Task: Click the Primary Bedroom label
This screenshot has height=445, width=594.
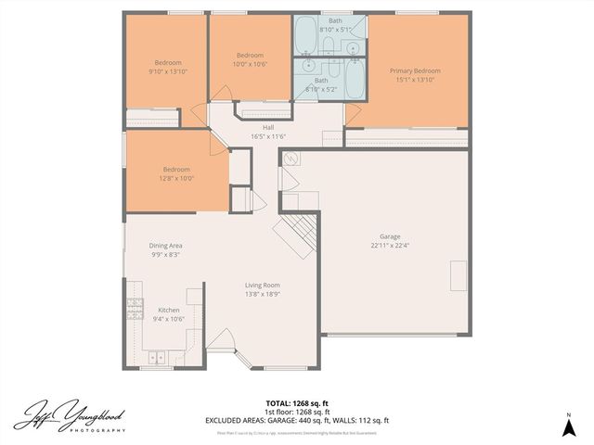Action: click(x=414, y=70)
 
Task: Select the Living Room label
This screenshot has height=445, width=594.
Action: click(x=263, y=285)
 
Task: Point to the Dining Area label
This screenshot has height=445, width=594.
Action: click(x=165, y=246)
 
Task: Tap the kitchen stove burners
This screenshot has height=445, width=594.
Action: click(x=136, y=307)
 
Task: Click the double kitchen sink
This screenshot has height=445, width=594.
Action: click(x=154, y=356)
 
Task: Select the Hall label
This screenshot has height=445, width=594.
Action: click(x=268, y=128)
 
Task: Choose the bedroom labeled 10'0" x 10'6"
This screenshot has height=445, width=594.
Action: click(x=250, y=57)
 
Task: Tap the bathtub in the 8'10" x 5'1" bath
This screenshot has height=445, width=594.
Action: click(x=308, y=38)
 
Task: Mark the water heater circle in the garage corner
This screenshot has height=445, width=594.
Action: click(x=289, y=159)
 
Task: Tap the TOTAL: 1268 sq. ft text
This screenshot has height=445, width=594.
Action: click(x=297, y=403)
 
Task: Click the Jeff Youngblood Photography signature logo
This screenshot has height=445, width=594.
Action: click(x=70, y=416)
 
